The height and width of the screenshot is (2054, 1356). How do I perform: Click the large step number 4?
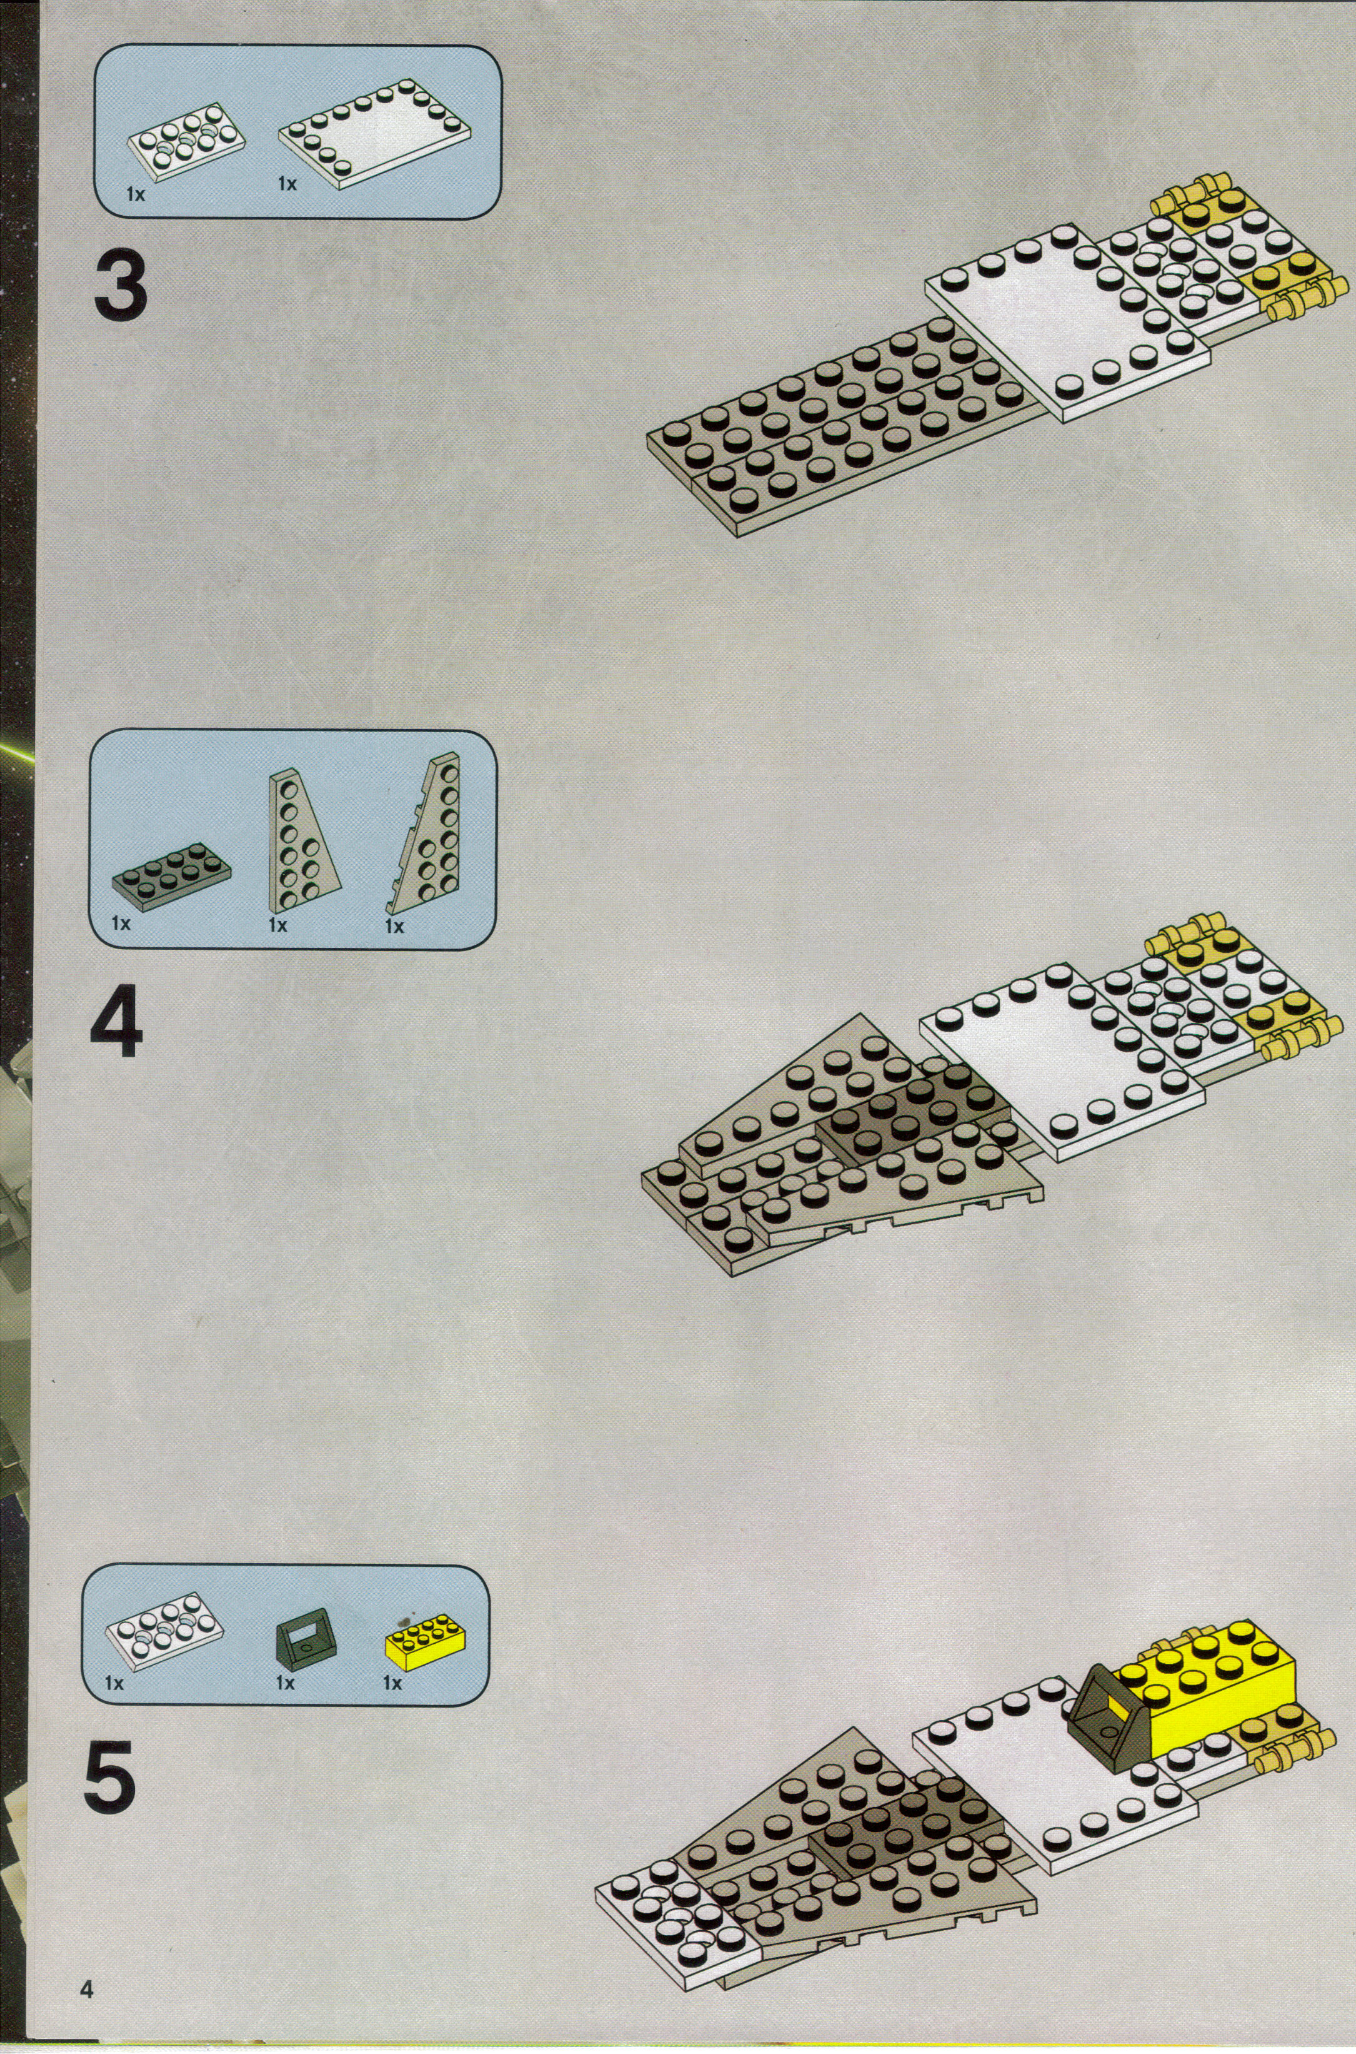tap(117, 1026)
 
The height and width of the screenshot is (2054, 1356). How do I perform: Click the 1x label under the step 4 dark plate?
tap(121, 923)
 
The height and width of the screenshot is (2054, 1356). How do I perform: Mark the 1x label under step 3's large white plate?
tap(287, 183)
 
